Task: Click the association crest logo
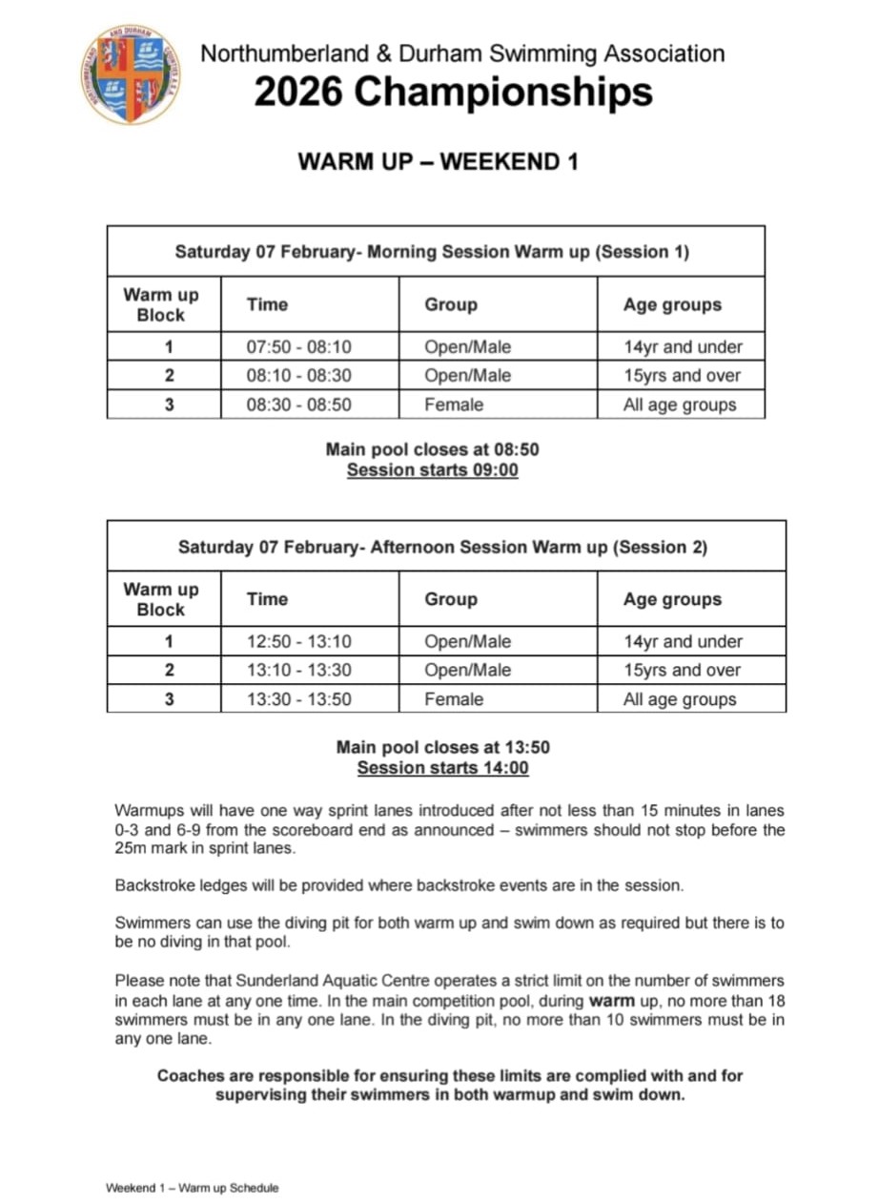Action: coord(131,74)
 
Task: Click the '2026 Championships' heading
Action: coord(453,93)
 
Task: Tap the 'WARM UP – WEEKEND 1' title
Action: coord(438,161)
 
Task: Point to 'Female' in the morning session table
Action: coord(454,405)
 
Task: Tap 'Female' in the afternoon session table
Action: coord(454,699)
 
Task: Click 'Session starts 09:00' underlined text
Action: coord(432,470)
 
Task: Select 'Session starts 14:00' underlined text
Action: coord(442,768)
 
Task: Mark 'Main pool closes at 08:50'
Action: coord(432,449)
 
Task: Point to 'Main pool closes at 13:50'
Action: coord(442,747)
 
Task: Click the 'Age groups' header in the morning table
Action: coord(672,305)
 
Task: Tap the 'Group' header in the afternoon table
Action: coord(451,600)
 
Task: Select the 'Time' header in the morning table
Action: coord(267,305)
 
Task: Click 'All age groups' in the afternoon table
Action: coord(680,699)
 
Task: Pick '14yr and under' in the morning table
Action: coord(683,347)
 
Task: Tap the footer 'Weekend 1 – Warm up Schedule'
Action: coord(192,1188)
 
